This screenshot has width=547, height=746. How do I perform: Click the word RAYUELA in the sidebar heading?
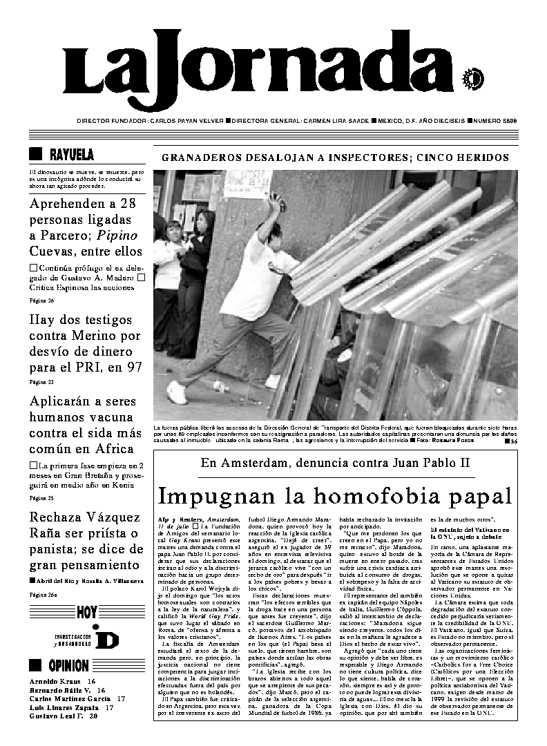[x=72, y=154]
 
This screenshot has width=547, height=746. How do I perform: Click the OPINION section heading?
[x=68, y=666]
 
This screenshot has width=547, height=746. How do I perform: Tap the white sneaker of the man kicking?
[x=177, y=392]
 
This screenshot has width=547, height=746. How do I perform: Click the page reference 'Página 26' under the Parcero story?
[x=41, y=300]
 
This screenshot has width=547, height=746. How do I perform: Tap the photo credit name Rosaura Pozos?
[x=459, y=439]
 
